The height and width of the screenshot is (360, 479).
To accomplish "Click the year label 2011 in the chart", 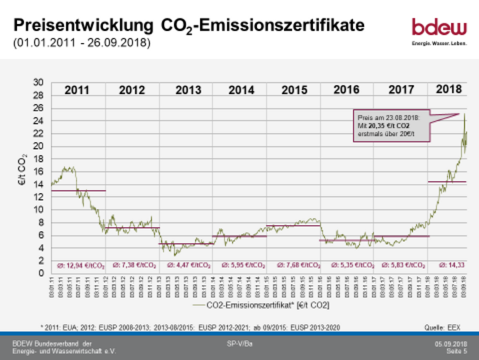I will (77, 90).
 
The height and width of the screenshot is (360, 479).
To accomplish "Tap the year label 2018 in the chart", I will (448, 90).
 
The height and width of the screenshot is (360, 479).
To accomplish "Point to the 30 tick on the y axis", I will (39, 82).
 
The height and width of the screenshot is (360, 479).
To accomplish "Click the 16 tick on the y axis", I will (39, 171).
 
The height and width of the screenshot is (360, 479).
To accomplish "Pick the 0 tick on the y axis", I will (41, 274).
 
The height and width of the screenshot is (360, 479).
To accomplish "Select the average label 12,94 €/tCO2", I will (78, 264).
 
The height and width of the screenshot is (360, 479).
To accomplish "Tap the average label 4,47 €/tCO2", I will (186, 264).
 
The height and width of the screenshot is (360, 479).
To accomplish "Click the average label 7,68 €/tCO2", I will (293, 264).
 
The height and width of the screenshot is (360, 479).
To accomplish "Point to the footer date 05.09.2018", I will (450, 343).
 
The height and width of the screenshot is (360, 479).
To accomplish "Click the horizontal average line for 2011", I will (78, 190).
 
